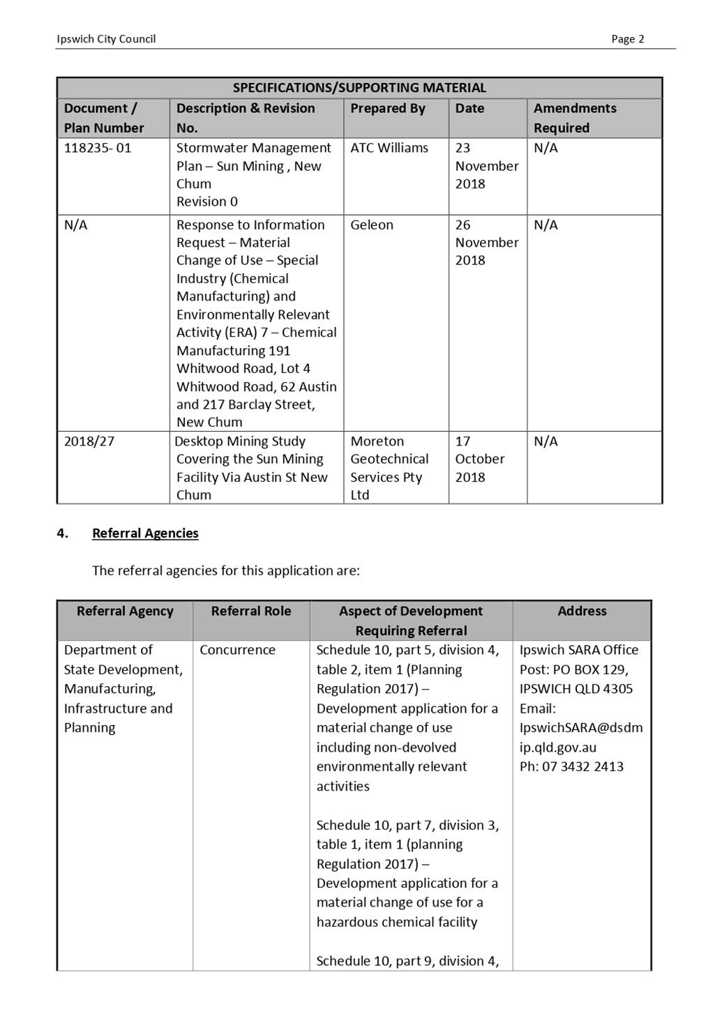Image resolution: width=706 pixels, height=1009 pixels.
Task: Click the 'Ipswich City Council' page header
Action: coord(106,39)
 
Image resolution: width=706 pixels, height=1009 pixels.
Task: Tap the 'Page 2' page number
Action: coord(627,39)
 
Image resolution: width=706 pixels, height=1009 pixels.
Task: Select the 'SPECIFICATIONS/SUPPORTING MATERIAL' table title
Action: coord(359,88)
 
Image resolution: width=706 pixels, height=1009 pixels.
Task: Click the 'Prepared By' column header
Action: coord(387,109)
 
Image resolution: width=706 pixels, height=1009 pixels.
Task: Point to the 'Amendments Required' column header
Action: coord(575,118)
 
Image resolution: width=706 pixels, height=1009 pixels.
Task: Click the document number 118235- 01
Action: coord(98,148)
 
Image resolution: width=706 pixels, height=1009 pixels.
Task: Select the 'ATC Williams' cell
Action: coord(389,148)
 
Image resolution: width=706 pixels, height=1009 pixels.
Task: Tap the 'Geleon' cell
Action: coord(372,225)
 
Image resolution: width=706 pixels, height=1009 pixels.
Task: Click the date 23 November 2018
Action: coord(486,166)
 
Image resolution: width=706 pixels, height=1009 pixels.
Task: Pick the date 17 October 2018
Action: coord(479,459)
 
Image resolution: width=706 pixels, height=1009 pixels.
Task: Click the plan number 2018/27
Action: coord(89,441)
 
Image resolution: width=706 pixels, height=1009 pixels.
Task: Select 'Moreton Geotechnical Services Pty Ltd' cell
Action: coord(389,468)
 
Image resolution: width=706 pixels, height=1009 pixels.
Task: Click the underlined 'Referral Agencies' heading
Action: coord(145,533)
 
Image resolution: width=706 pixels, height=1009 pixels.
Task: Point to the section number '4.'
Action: coord(63,533)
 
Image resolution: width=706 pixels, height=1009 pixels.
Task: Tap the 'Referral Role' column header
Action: coord(251,611)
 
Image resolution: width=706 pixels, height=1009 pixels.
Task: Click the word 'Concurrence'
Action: coord(237,650)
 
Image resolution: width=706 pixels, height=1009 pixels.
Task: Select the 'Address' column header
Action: coord(582,611)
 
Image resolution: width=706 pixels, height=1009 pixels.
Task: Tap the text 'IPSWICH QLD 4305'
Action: coord(576,689)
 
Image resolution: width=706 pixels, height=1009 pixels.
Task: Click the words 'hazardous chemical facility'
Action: coord(397,922)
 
